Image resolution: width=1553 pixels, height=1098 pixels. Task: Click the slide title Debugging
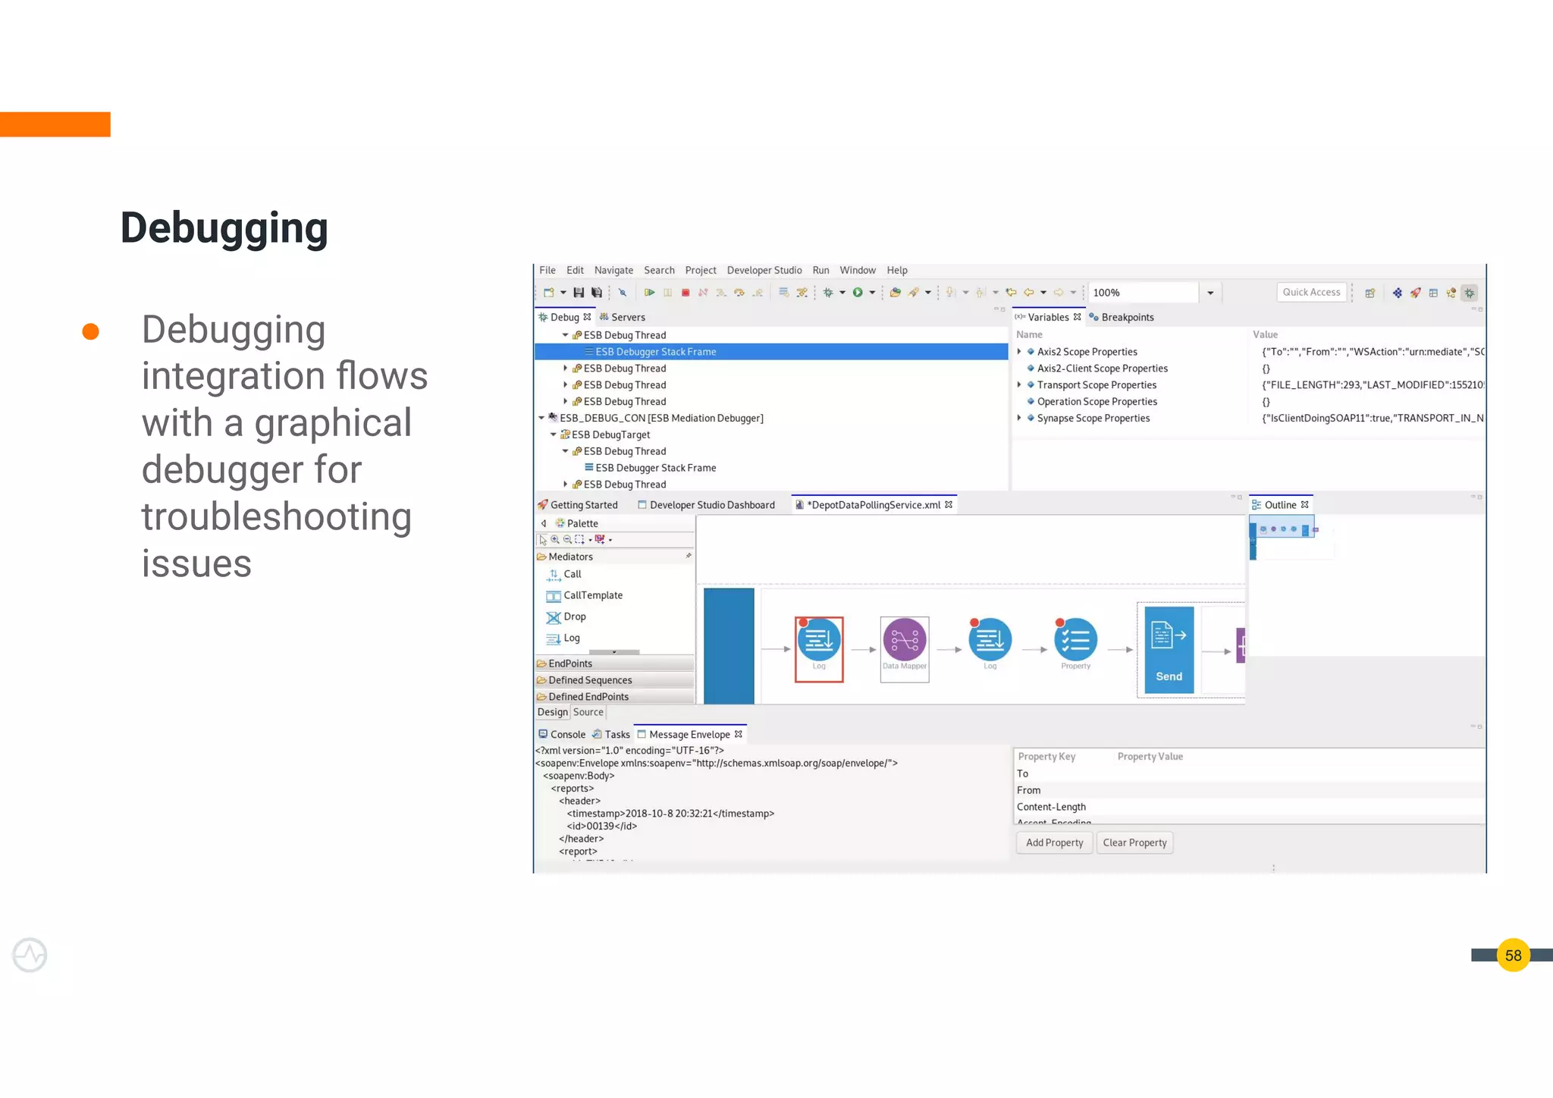coord(224,228)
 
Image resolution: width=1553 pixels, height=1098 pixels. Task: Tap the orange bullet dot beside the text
coord(91,331)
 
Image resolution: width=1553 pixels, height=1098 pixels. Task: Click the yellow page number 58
coord(1513,955)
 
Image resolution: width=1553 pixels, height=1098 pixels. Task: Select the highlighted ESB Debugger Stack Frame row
coord(655,352)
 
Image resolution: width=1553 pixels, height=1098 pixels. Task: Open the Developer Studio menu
coord(764,271)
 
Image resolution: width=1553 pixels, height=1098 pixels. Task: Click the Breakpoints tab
coord(1127,318)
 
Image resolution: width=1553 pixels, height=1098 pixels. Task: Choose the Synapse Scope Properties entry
coord(1093,419)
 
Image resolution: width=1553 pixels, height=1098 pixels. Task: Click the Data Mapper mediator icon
coord(905,642)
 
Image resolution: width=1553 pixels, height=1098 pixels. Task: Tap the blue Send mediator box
coord(1169,650)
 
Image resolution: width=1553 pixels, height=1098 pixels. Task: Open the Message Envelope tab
coord(689,735)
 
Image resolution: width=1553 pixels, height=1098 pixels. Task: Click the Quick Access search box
coord(1311,293)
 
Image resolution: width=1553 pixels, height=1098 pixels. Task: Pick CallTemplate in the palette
coord(592,596)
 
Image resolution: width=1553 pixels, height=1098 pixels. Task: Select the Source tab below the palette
coord(588,713)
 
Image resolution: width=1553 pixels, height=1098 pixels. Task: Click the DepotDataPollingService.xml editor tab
coord(874,505)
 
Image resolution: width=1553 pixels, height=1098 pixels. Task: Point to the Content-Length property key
coord(1051,808)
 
